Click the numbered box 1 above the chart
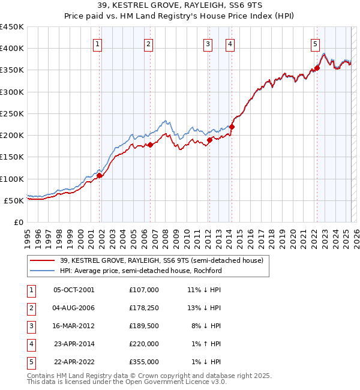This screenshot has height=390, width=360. [x=97, y=43]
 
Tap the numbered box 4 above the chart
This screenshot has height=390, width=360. [x=230, y=43]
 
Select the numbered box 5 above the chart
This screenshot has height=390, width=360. [x=315, y=43]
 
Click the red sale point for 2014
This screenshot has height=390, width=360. [x=232, y=127]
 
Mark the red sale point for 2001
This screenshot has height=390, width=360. [x=99, y=176]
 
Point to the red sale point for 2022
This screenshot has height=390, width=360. [x=317, y=68]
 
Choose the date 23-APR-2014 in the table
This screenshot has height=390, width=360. [x=74, y=344]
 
